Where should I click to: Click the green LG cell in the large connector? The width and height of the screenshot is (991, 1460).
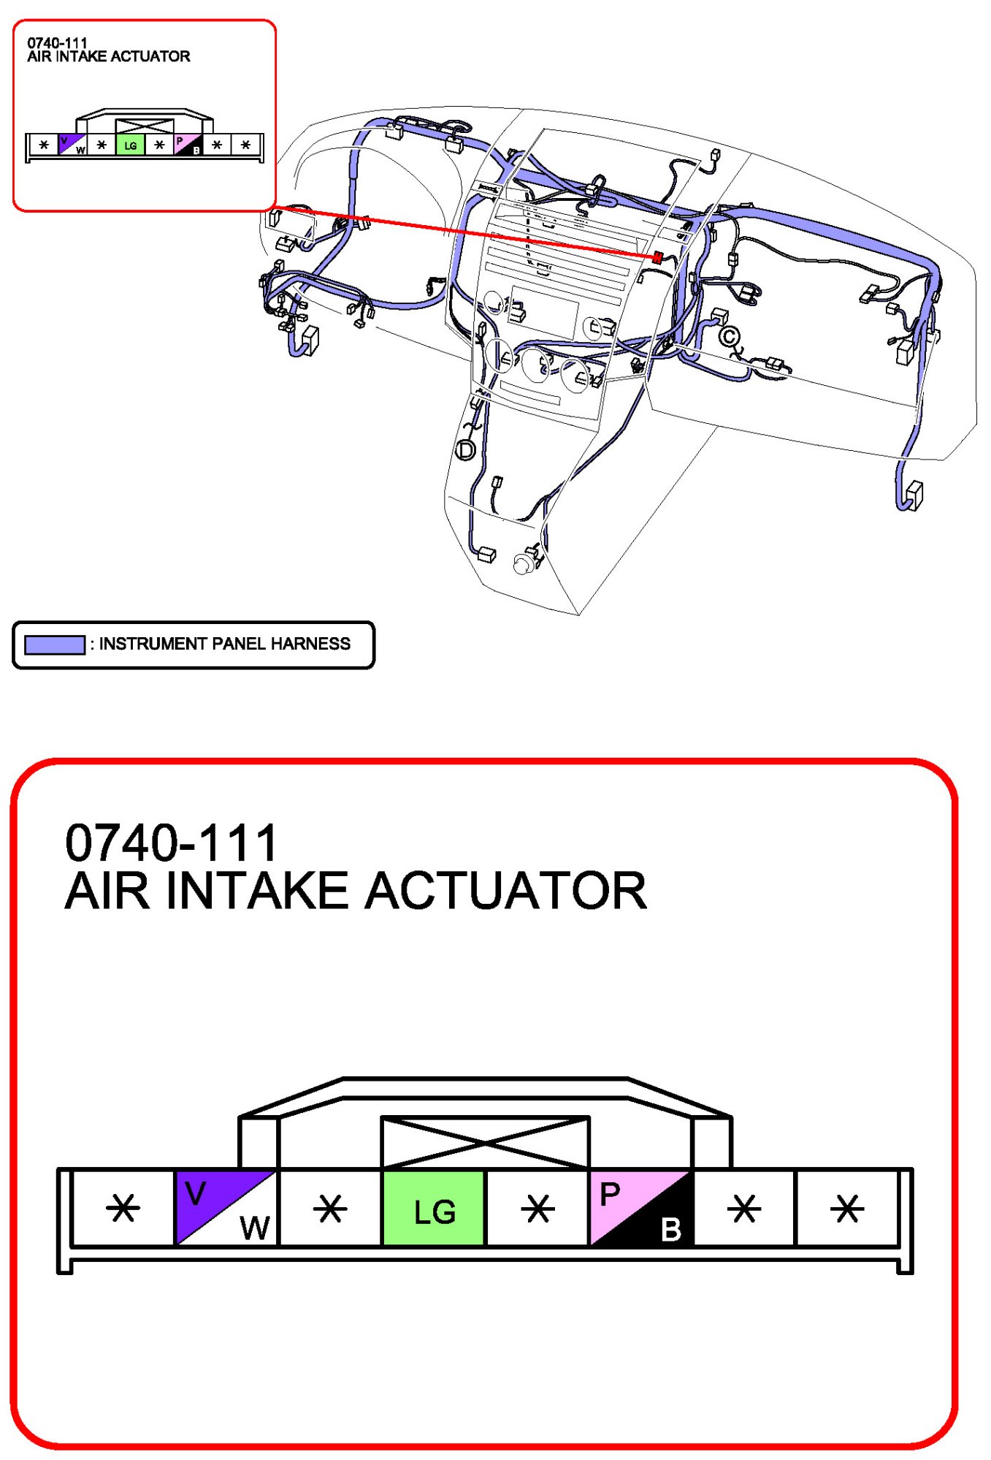coord(434,1208)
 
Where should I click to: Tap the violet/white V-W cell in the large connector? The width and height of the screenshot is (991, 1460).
coord(226,1208)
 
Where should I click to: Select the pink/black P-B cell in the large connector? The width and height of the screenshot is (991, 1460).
coord(640,1208)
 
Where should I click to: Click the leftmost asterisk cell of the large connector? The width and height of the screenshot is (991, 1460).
coord(123,1208)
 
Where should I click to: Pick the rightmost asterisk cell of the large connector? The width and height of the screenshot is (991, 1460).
coord(847,1208)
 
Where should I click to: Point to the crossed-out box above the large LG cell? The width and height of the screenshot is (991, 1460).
coord(486,1142)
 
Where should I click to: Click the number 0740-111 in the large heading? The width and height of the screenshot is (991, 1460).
coord(172,843)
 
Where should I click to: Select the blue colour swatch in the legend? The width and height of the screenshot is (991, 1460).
coord(55,645)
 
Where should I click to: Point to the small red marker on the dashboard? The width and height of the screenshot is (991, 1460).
coord(657,257)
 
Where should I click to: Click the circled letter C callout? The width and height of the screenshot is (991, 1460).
coord(729,337)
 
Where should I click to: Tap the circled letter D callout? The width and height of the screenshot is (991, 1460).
coord(465,450)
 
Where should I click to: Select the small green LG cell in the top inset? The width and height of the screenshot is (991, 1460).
coord(130,145)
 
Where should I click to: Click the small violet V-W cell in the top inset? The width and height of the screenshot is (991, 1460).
coord(72,145)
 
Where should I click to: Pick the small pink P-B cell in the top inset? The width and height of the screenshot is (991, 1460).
coord(188,145)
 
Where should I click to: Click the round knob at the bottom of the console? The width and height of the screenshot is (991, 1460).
coord(524,564)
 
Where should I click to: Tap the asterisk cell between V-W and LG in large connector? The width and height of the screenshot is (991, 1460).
coord(330,1208)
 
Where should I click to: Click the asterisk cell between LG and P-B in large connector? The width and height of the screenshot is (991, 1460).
coord(537,1208)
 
